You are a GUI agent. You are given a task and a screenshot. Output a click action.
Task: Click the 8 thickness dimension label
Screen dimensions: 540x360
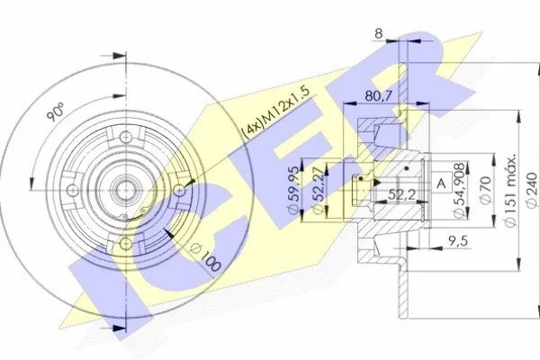click(x=379, y=33)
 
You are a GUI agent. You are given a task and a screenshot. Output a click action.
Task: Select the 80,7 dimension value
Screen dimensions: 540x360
click(x=379, y=96)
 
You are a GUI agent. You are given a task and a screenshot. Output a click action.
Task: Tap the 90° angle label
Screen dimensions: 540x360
click(x=56, y=111)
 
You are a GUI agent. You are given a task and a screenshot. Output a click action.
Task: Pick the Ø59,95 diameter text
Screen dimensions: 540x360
click(x=294, y=191)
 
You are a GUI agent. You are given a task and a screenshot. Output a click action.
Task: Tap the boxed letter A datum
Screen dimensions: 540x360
click(x=440, y=182)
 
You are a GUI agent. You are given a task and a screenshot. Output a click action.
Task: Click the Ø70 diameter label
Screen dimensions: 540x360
click(x=484, y=191)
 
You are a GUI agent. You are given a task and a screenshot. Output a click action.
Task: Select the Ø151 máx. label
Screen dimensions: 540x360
click(x=510, y=190)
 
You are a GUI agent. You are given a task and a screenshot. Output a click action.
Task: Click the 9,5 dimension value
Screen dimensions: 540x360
click(x=458, y=241)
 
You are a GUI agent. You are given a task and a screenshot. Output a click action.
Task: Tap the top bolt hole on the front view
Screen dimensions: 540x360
click(x=125, y=137)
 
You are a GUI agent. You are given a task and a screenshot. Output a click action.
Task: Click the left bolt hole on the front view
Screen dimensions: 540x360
click(x=72, y=190)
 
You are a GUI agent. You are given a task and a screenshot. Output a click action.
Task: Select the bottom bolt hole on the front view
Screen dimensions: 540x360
click(x=125, y=243)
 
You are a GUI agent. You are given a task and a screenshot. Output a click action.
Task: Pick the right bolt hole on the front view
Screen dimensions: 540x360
click(x=179, y=190)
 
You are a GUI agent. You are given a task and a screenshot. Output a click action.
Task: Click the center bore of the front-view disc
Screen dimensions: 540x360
click(x=125, y=190)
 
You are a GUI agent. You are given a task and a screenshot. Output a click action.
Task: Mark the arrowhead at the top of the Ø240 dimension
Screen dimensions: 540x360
click(x=538, y=69)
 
